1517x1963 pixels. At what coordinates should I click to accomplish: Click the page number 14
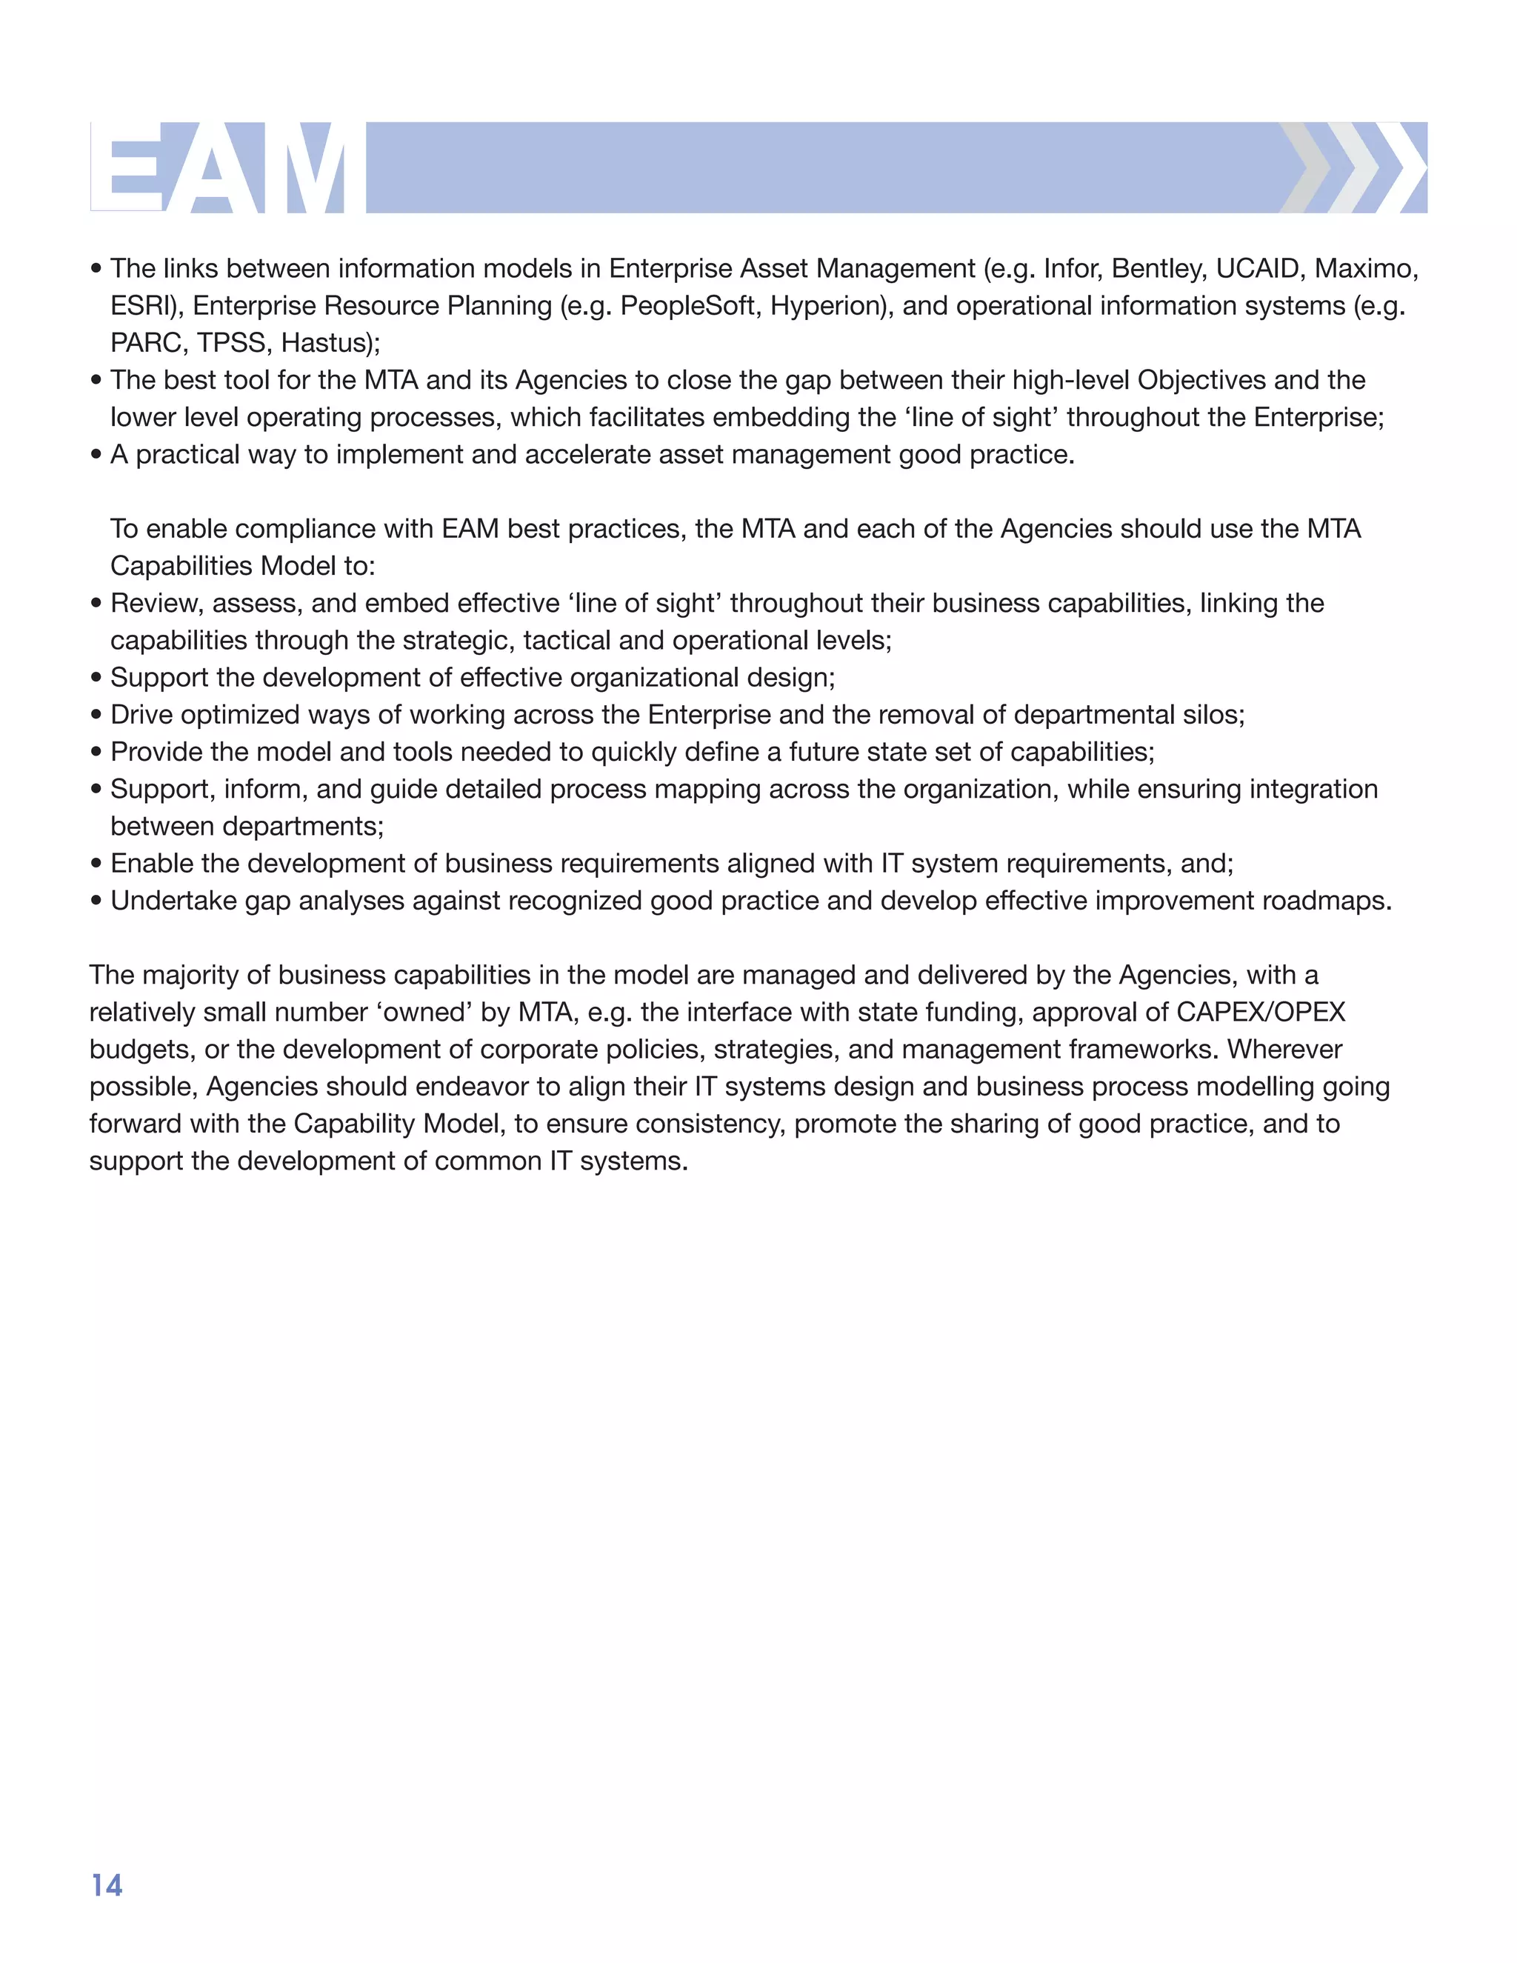point(107,1884)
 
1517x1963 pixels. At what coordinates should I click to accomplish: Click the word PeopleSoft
point(687,307)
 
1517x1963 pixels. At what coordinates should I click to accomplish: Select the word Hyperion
point(827,307)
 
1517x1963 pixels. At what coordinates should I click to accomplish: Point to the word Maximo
point(1365,269)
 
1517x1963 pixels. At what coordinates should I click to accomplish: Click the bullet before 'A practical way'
point(96,456)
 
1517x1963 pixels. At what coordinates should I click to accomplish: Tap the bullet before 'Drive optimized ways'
point(96,716)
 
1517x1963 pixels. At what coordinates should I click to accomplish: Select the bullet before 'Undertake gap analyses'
point(96,901)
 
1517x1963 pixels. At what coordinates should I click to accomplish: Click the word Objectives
point(1201,381)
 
